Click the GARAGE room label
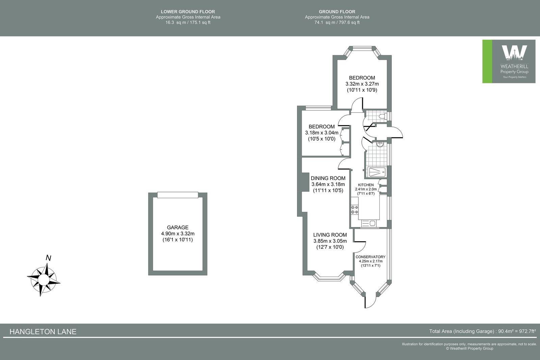[x=178, y=227]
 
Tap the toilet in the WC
[x=382, y=116]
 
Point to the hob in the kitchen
[x=354, y=209]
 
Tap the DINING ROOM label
[x=328, y=178]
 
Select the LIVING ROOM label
[x=330, y=235]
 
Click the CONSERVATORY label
[x=370, y=257]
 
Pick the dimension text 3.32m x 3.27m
[x=362, y=84]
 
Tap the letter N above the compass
[x=49, y=258]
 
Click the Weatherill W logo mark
[x=514, y=53]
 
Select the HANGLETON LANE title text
[x=43, y=332]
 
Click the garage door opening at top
[x=178, y=195]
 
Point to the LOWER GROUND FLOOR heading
[x=188, y=12]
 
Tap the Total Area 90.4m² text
[x=482, y=331]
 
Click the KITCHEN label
[x=366, y=185]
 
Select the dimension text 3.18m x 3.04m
[x=321, y=133]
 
